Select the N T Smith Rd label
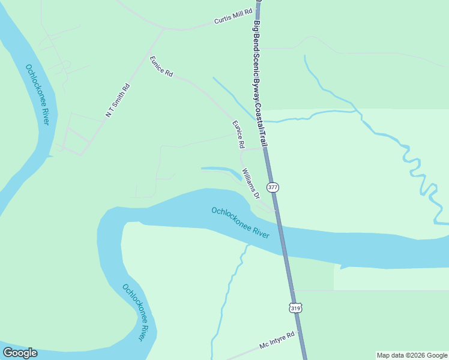118,100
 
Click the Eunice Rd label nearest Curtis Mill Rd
161,66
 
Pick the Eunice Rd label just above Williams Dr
239,134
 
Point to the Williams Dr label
251,184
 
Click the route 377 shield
273,187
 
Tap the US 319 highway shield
295,308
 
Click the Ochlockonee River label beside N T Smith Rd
37,94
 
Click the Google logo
20,353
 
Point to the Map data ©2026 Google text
412,355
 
